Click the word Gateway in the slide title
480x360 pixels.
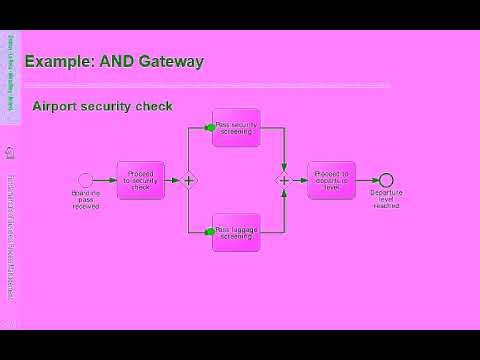coord(169,62)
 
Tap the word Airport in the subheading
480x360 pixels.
coord(55,106)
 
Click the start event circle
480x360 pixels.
coord(86,180)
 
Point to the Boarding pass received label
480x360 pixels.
coord(86,200)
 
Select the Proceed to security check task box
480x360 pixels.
coord(140,180)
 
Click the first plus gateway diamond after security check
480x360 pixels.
coord(188,180)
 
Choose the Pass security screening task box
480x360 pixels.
coord(236,127)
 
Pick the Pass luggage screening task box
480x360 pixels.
coord(236,232)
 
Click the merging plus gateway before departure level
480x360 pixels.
coord(284,180)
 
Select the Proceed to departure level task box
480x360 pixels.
coord(331,180)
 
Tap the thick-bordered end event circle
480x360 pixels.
coord(386,180)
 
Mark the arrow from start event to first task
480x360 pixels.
coord(105,180)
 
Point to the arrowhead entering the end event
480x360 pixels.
coord(375,180)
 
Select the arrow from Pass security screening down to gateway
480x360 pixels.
coord(284,150)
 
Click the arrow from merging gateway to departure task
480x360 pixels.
coord(299,180)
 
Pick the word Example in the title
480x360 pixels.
coord(56,62)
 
